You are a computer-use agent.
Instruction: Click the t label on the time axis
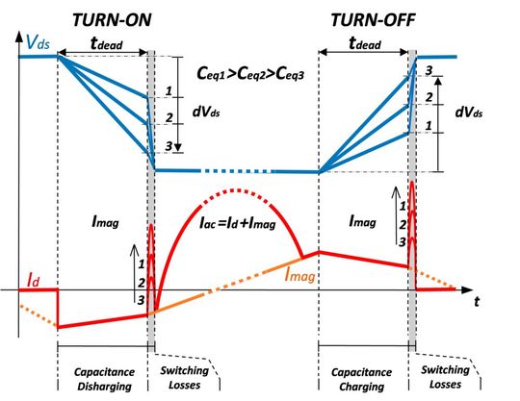[477, 300]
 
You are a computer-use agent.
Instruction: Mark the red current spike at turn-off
[412, 207]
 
